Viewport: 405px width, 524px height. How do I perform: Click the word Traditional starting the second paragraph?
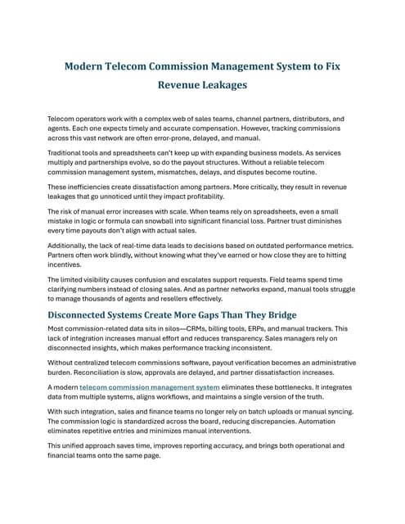pyautogui.click(x=67, y=154)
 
